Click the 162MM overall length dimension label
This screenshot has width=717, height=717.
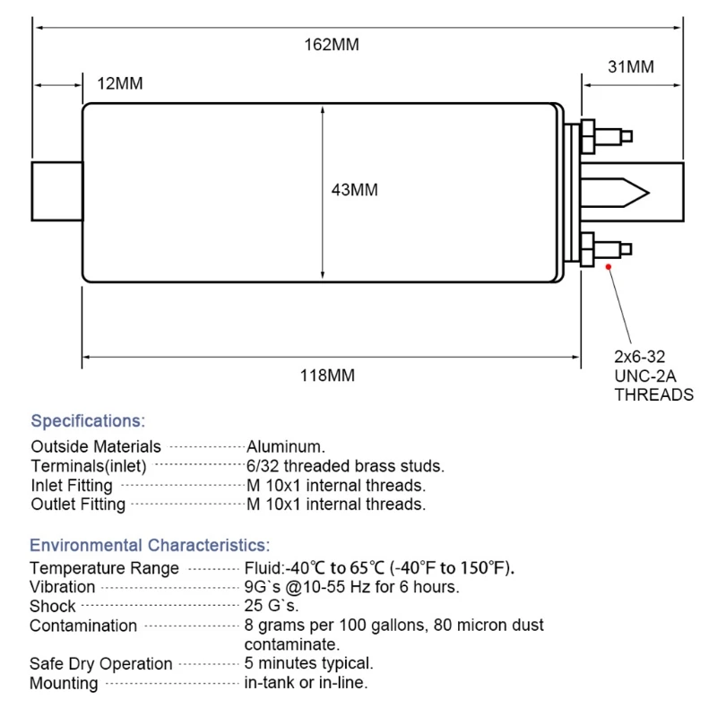pyautogui.click(x=333, y=45)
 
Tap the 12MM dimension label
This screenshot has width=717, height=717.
pyautogui.click(x=120, y=84)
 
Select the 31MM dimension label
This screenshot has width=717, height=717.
pyautogui.click(x=631, y=66)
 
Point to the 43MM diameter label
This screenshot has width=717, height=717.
pyautogui.click(x=354, y=190)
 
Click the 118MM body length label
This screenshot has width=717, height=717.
pyautogui.click(x=327, y=376)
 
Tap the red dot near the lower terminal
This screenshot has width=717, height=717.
pyautogui.click(x=609, y=265)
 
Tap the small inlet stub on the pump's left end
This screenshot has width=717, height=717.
pyautogui.click(x=56, y=192)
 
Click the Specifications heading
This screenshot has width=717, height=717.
pyautogui.click(x=88, y=420)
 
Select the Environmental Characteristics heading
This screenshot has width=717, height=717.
pyautogui.click(x=150, y=545)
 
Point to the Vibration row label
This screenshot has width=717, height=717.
pyautogui.click(x=62, y=587)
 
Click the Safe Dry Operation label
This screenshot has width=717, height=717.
pyautogui.click(x=100, y=664)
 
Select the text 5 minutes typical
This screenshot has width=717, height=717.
pyautogui.click(x=308, y=663)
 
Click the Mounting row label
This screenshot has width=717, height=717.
pyautogui.click(x=64, y=683)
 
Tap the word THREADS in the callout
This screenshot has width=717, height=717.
pyautogui.click(x=653, y=394)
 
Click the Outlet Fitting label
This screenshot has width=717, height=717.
pyautogui.click(x=78, y=505)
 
